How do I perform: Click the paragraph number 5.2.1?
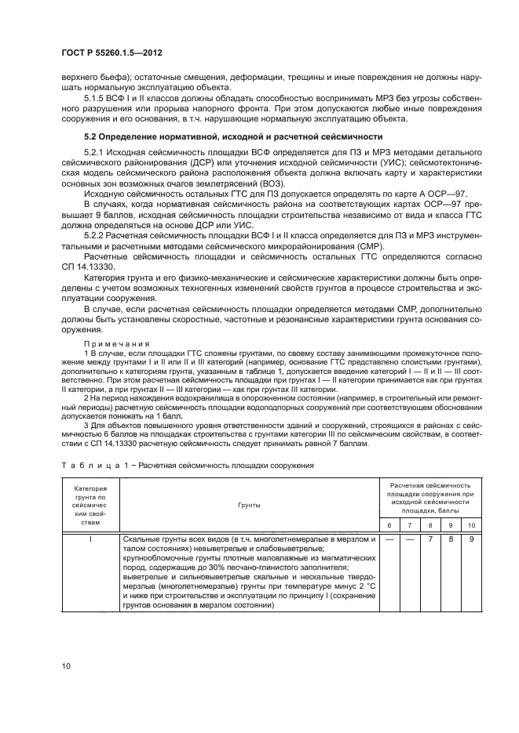pos(95,151)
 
